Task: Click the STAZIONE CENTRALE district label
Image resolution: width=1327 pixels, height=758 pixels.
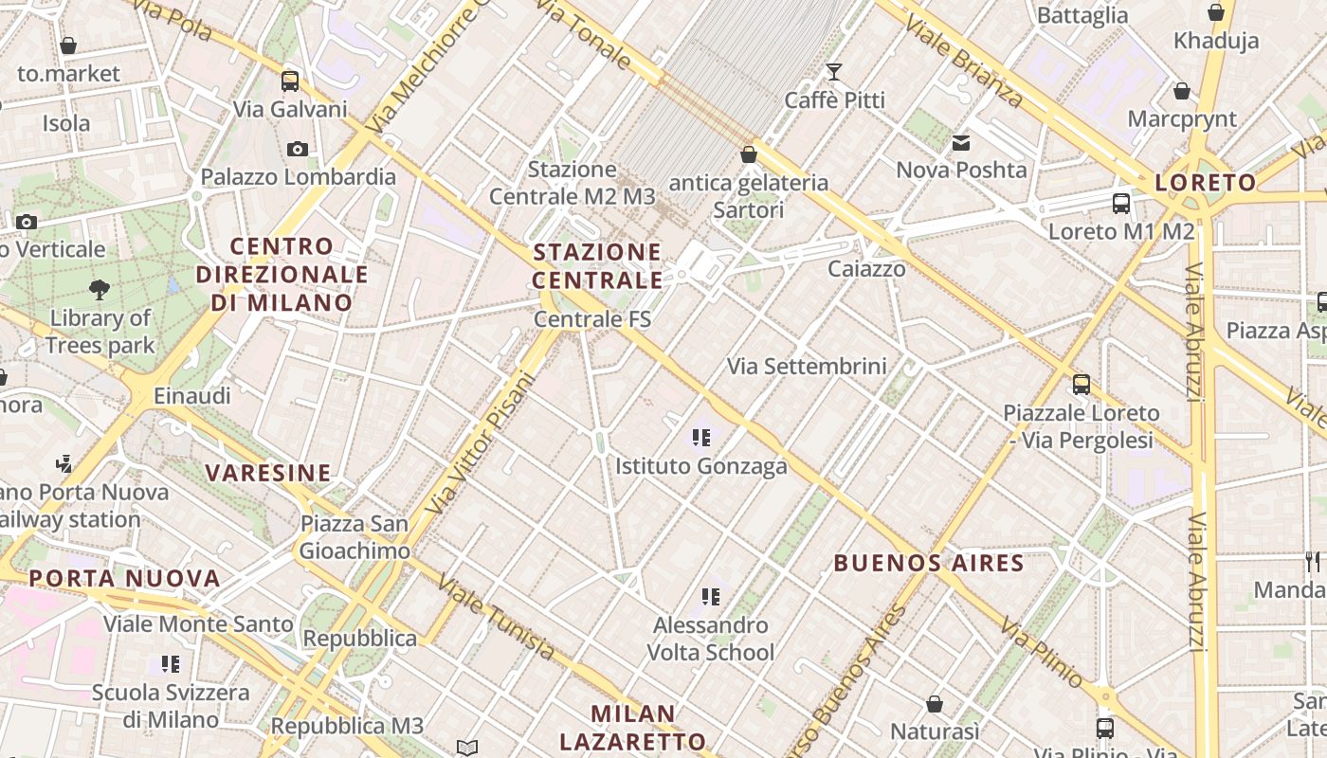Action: pyautogui.click(x=597, y=266)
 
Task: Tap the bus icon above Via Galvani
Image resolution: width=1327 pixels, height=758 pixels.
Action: pyautogui.click(x=290, y=81)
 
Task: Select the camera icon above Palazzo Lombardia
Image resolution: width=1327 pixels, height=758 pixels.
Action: pyautogui.click(x=298, y=149)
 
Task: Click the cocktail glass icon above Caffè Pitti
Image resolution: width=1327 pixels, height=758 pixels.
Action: pyautogui.click(x=834, y=72)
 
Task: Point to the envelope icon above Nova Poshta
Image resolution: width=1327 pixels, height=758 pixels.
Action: pyautogui.click(x=961, y=143)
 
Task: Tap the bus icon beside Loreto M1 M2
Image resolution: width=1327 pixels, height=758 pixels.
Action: pyautogui.click(x=1121, y=203)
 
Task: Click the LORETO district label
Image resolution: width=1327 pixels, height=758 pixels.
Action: pyautogui.click(x=1206, y=183)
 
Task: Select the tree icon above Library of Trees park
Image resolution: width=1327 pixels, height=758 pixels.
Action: pyautogui.click(x=100, y=289)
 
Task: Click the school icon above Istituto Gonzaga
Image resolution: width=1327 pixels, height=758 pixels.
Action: pyautogui.click(x=701, y=438)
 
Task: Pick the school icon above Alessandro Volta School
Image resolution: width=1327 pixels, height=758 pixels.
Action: pyautogui.click(x=711, y=597)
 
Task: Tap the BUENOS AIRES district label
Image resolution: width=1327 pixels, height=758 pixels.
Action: pyautogui.click(x=929, y=564)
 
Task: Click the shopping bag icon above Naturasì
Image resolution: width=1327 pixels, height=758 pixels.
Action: pyautogui.click(x=935, y=704)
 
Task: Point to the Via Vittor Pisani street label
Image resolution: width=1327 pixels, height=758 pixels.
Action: pyautogui.click(x=481, y=443)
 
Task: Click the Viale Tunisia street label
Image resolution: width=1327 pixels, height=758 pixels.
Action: pyautogui.click(x=495, y=619)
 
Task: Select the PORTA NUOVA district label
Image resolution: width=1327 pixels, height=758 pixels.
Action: pyautogui.click(x=124, y=578)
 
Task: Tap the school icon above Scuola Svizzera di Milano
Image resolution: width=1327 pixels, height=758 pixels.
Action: pyautogui.click(x=171, y=664)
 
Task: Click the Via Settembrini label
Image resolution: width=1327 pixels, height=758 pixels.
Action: pyautogui.click(x=807, y=366)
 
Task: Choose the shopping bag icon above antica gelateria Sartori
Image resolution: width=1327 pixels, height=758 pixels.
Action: pyautogui.click(x=749, y=153)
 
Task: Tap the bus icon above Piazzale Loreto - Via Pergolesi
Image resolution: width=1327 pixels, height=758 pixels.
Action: pyautogui.click(x=1082, y=385)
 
